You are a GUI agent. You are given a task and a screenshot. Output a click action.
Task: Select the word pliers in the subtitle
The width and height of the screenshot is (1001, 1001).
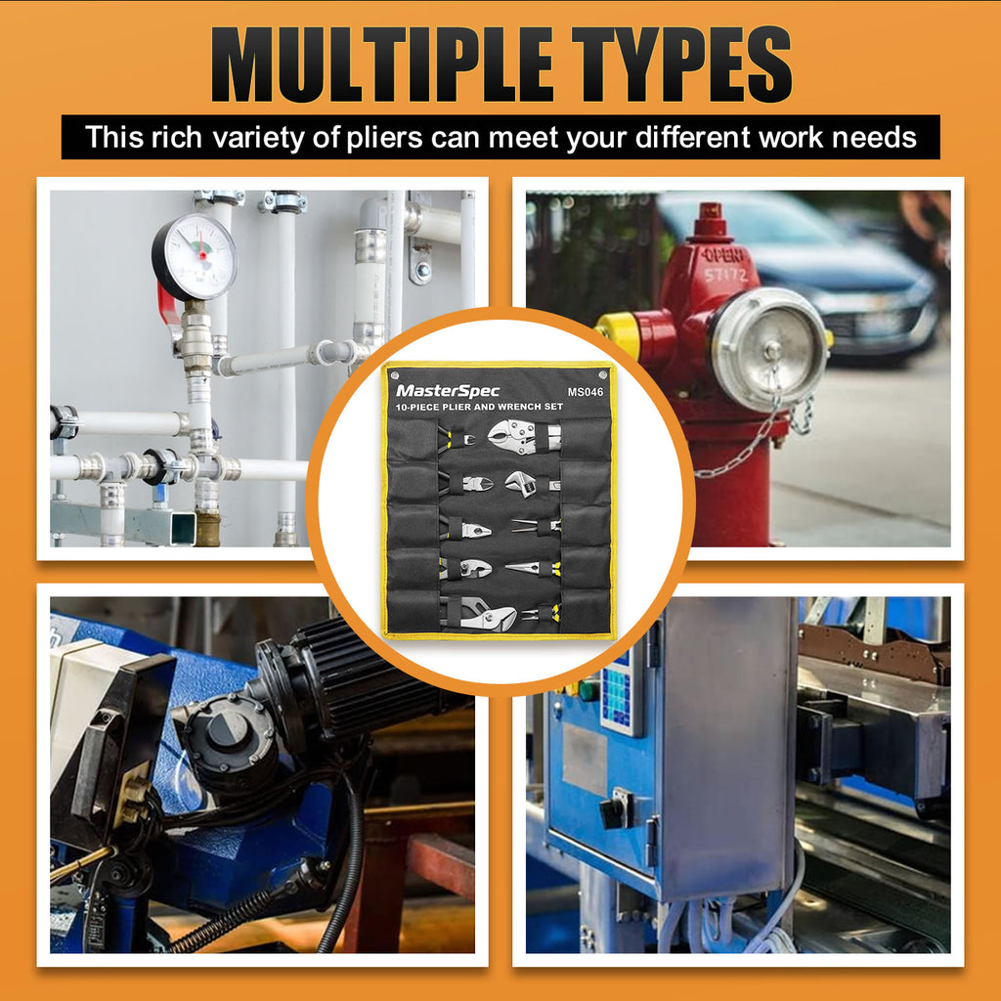(x=384, y=138)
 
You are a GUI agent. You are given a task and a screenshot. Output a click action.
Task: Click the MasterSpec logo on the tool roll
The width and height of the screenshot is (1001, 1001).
(x=448, y=391)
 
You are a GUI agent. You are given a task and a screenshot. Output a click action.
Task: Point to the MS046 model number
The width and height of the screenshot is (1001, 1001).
(x=585, y=392)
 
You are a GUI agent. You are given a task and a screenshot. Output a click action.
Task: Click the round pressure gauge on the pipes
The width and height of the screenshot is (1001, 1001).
(x=195, y=257)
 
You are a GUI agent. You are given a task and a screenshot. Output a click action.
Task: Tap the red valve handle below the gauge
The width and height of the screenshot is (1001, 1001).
(x=168, y=306)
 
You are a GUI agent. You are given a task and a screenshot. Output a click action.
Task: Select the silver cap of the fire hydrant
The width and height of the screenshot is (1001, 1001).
(x=770, y=349)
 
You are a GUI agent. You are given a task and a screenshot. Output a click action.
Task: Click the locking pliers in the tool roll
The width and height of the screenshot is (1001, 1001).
(x=524, y=437)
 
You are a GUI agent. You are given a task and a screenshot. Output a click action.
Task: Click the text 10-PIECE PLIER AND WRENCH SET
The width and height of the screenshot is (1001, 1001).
(x=479, y=407)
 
